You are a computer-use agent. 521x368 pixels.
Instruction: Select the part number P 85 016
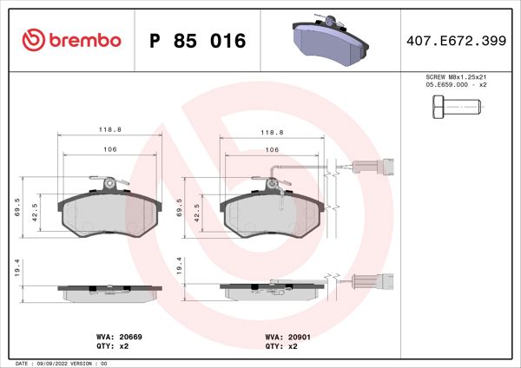coord(198,41)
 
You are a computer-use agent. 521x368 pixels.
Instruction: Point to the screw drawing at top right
coord(454,108)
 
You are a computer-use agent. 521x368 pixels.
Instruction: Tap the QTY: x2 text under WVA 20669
coord(111,345)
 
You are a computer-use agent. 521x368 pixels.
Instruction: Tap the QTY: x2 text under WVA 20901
coord(280,345)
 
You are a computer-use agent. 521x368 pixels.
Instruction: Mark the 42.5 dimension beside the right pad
coord(198,213)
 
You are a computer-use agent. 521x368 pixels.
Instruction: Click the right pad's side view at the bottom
coord(272,290)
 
